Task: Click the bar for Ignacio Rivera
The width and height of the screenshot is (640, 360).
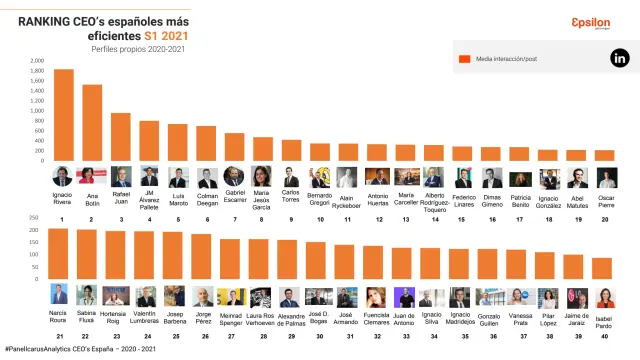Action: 63,114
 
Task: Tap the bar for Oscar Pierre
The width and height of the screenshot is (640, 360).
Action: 606,155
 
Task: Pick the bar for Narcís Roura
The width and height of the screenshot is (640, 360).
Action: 59,254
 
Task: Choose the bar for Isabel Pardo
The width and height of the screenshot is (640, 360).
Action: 603,269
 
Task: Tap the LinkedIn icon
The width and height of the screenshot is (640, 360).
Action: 618,59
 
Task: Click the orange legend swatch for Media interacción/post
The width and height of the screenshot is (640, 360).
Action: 464,59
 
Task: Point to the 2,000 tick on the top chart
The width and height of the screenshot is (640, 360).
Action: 38,60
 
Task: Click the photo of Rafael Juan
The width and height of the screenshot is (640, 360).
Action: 121,177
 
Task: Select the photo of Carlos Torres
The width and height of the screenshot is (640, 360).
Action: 291,177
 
